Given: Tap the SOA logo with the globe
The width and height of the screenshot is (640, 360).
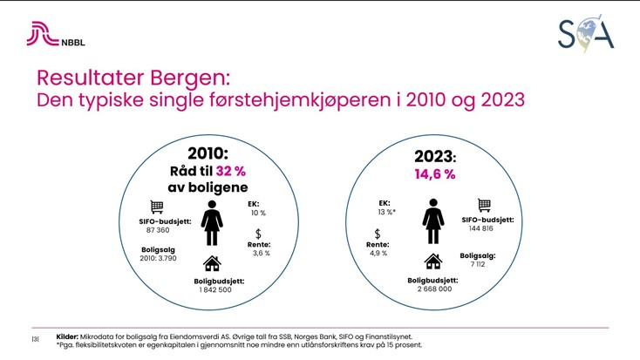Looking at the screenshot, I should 586,32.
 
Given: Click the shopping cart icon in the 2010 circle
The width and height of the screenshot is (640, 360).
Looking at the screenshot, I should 156,207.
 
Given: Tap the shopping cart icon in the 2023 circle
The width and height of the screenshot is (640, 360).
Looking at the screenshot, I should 485,206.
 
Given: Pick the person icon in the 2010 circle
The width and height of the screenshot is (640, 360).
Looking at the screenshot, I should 211,224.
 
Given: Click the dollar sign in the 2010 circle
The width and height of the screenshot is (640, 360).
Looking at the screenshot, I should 258,234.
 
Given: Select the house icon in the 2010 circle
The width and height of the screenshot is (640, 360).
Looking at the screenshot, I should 212,263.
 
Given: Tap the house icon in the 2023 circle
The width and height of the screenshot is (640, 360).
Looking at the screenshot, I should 431,262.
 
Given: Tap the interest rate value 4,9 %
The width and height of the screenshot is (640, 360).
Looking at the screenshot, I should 377,255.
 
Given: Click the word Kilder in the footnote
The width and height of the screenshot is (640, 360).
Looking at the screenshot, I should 67,336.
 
